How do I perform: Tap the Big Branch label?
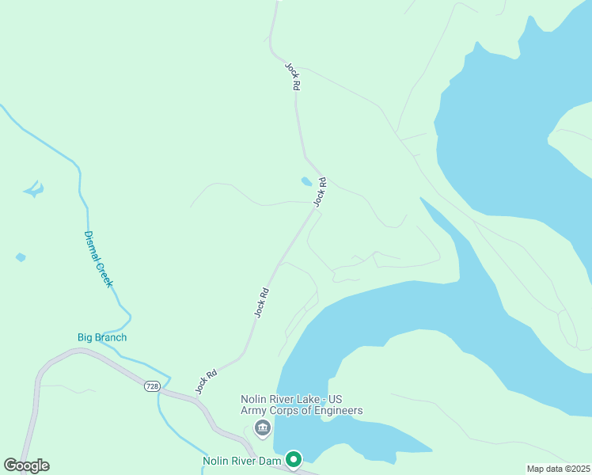point(102,337)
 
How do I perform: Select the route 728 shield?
point(152,386)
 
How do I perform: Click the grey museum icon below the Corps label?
point(262,428)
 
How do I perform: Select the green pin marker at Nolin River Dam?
point(294,459)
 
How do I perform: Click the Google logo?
point(26,465)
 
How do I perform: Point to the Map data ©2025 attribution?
point(559,469)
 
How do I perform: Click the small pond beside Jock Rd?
point(306,181)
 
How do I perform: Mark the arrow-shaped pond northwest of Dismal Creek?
point(33,188)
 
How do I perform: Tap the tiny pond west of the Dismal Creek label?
point(20,257)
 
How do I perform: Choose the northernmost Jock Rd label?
point(292,76)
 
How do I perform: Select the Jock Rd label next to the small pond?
point(320,192)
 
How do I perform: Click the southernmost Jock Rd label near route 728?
point(206,382)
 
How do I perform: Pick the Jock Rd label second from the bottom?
point(262,302)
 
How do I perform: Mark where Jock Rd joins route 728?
point(190,394)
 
